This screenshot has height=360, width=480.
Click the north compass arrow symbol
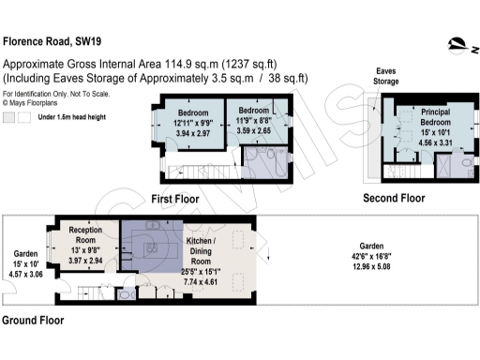[x=457, y=42]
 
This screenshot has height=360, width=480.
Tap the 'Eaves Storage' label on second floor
[x=386, y=76]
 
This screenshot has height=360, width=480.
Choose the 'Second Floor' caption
[x=395, y=198]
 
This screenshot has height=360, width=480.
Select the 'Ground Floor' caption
[x=32, y=320]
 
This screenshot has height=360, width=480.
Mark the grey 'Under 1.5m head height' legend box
[x=9, y=117]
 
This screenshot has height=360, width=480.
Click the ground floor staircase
[x=93, y=291]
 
